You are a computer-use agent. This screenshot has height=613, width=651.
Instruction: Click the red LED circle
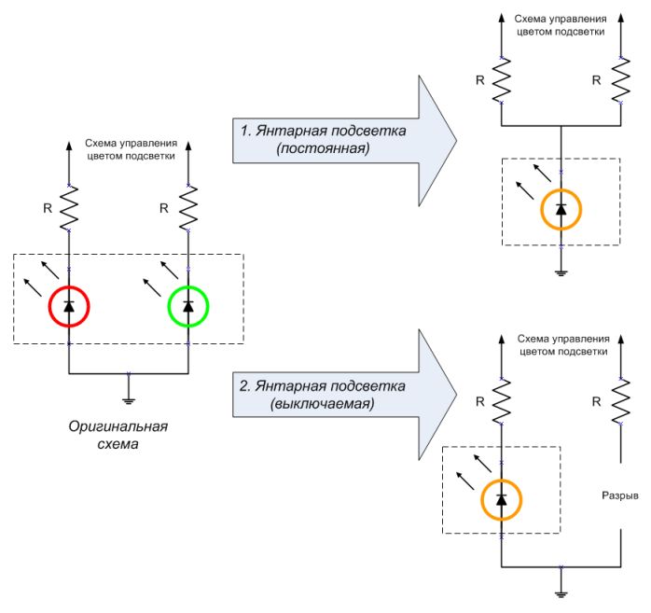(68, 306)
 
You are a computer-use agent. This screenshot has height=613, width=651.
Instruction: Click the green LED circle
(188, 306)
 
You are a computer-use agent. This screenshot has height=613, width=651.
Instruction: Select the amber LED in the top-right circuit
(561, 209)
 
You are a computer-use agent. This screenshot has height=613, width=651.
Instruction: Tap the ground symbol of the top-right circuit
(561, 273)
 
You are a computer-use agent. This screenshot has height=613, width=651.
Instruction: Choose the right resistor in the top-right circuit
(620, 81)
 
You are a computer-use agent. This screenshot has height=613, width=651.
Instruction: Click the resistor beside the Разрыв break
(620, 404)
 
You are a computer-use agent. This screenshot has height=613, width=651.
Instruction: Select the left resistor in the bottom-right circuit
(502, 404)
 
